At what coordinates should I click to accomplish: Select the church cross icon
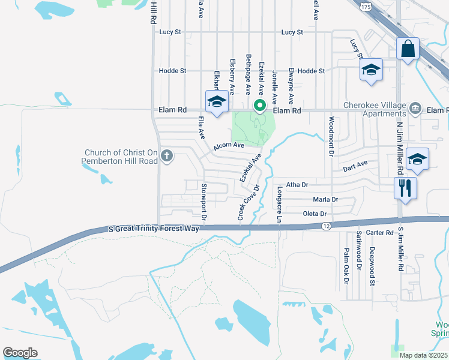[x=166, y=157]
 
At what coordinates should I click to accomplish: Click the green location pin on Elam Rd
[x=260, y=106]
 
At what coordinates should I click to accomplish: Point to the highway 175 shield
[x=366, y=6]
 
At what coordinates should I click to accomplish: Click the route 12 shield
[x=326, y=226]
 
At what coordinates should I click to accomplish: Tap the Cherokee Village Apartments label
[x=375, y=109]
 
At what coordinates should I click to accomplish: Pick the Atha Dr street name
[x=297, y=185]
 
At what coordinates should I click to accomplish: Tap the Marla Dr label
[x=325, y=199]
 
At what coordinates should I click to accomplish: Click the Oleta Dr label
[x=315, y=214]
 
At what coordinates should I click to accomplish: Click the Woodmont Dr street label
[x=331, y=137]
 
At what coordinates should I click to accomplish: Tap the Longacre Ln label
[x=279, y=204]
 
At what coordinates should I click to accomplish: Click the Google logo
[x=20, y=353]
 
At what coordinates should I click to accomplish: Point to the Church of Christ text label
[x=121, y=157]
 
